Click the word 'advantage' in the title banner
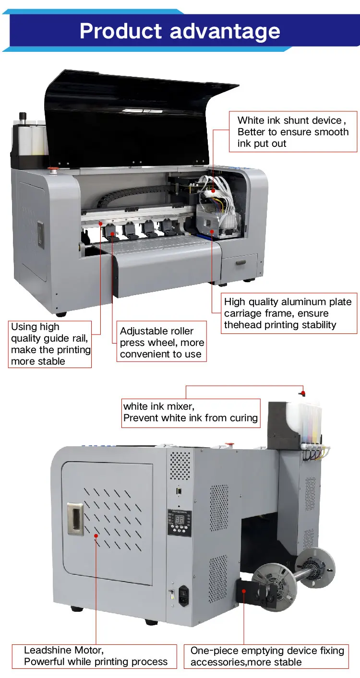point(225,31)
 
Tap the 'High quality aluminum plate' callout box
point(288,313)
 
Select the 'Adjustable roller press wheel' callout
point(162,343)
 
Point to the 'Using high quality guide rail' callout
point(50,344)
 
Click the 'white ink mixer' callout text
point(191,412)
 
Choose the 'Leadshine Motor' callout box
point(96,656)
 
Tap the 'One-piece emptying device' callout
point(267,656)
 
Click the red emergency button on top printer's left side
point(52,169)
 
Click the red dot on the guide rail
point(100,223)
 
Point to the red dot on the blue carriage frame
point(212,231)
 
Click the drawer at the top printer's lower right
point(239,263)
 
